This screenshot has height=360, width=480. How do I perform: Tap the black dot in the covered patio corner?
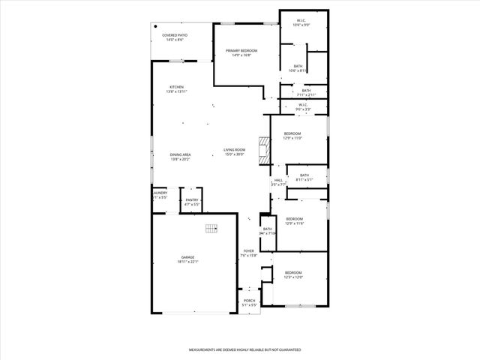click(156, 26)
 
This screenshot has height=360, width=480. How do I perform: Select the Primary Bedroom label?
click(241, 50)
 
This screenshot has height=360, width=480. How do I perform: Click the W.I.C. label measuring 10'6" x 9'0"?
click(301, 20)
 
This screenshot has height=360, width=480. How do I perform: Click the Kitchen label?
click(176, 87)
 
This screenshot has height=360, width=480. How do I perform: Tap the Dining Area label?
click(181, 154)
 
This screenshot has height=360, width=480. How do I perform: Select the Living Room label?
click(234, 150)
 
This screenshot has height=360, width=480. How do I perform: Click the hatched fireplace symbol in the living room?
click(263, 150)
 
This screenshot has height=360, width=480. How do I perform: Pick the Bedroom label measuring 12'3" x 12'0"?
click(292, 272)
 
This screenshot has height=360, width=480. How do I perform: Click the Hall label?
click(278, 180)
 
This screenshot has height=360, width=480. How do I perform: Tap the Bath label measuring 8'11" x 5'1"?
click(304, 175)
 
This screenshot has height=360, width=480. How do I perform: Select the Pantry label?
click(192, 199)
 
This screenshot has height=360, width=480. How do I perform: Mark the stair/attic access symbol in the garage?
click(211, 228)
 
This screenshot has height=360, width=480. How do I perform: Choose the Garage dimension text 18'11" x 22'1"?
click(187, 262)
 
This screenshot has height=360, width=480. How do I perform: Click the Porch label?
click(249, 301)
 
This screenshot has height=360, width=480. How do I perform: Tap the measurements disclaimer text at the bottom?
click(244, 349)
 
